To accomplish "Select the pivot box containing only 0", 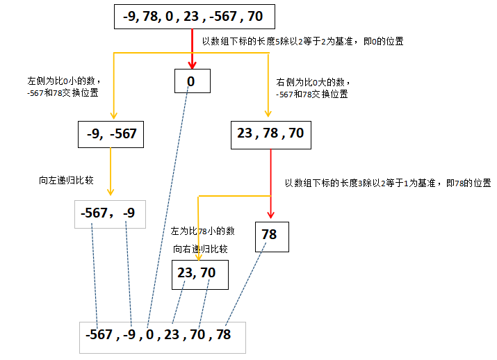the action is (191, 81).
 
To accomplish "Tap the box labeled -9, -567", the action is (111, 134).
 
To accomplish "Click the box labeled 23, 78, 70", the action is (270, 134).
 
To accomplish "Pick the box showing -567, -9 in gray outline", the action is (110, 213).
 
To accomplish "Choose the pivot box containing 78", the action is (270, 236).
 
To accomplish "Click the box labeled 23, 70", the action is (197, 274).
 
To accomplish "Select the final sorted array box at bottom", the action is (162, 336).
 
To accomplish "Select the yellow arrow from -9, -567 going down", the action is (111, 174).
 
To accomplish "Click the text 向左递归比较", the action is (67, 179).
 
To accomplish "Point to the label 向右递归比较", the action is (201, 248).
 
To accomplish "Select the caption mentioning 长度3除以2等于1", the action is (388, 183).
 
